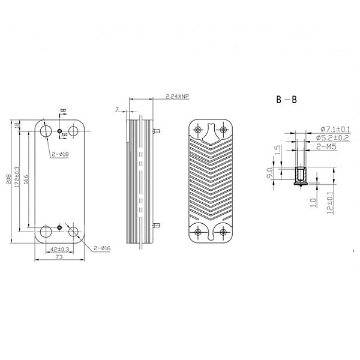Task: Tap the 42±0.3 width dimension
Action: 59,248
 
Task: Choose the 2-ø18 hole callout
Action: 60,154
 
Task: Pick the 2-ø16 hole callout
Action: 101,248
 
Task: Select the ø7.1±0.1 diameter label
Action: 336,129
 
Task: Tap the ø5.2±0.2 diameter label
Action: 336,138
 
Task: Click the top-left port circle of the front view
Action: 46,131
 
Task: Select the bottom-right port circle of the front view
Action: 75,232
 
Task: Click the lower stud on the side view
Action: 157,225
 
